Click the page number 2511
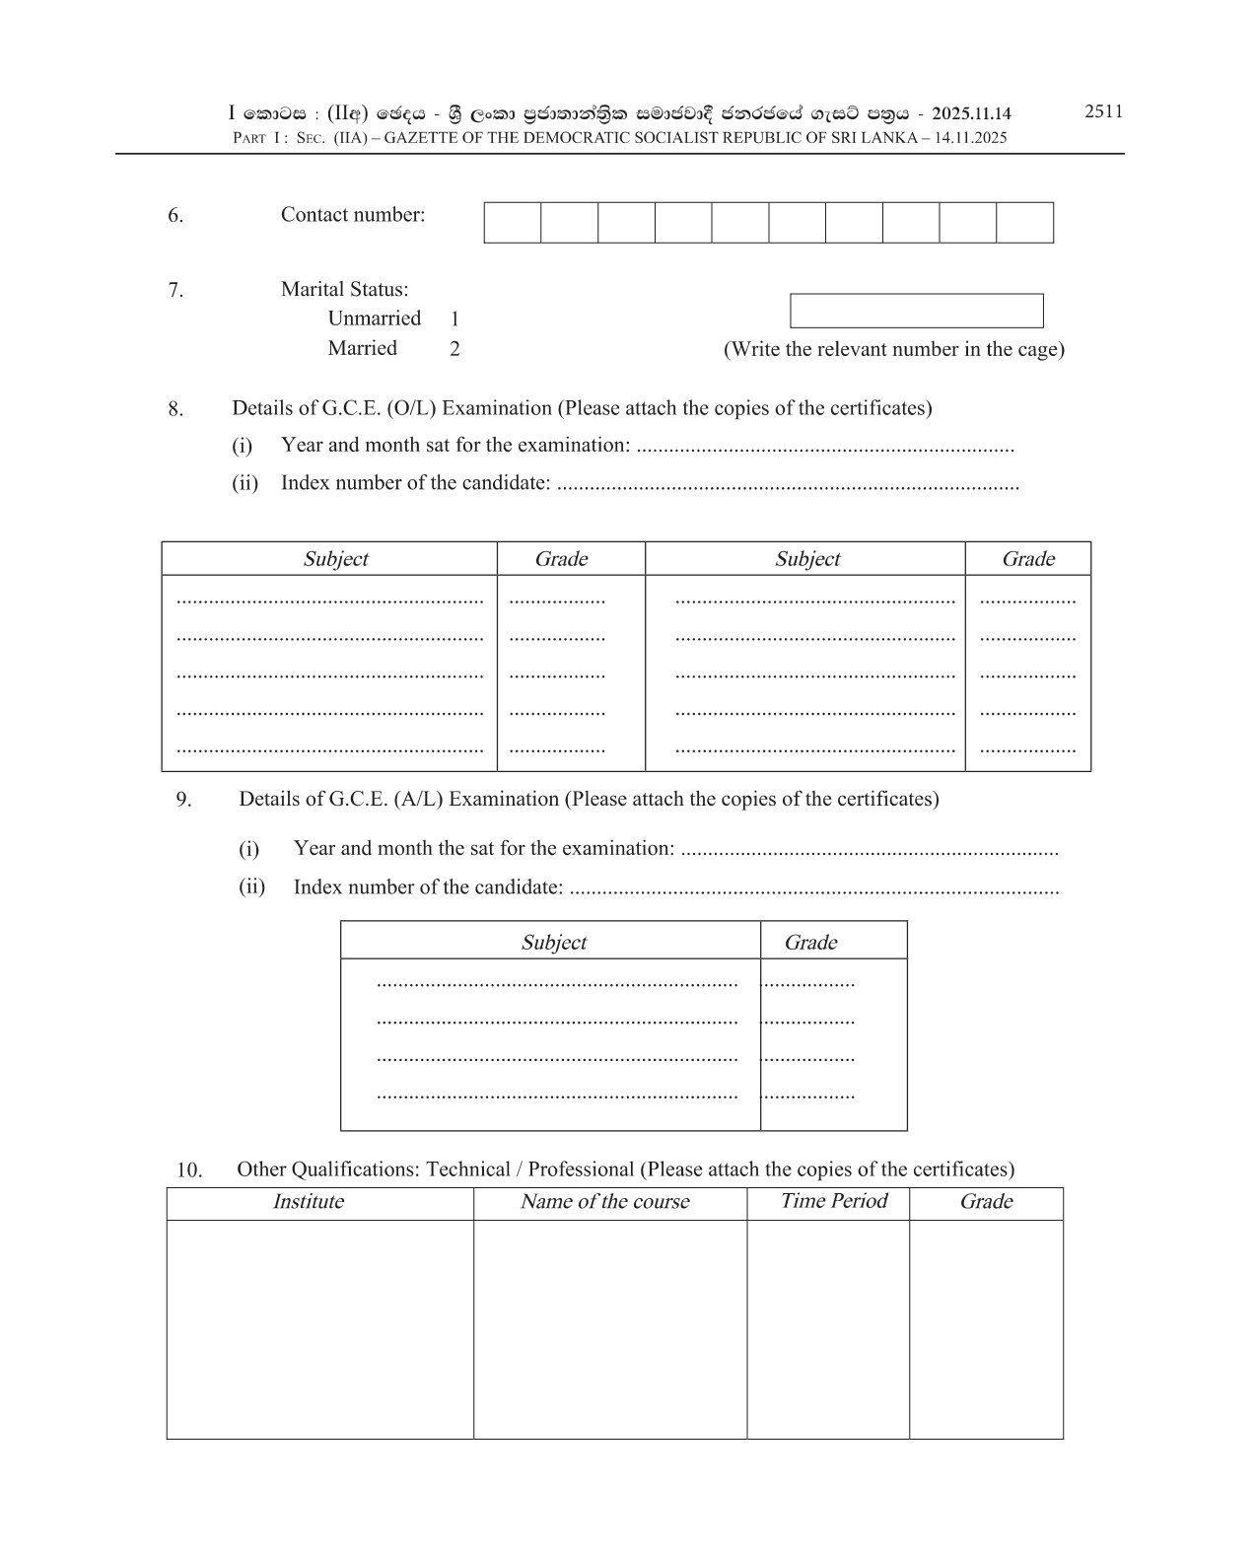1103,111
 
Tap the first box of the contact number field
512,223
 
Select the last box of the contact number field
1024,223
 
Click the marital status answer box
916,311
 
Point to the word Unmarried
374,318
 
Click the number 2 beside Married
454,349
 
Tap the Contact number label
353,215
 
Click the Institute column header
309,1202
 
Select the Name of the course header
604,1202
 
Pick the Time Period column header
834,1201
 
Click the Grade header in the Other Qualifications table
986,1202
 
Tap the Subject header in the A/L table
553,943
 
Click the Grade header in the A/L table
810,943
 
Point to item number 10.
189,1170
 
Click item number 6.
175,216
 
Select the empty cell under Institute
319,1328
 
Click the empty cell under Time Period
827,1328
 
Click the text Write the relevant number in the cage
893,349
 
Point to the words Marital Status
344,290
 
